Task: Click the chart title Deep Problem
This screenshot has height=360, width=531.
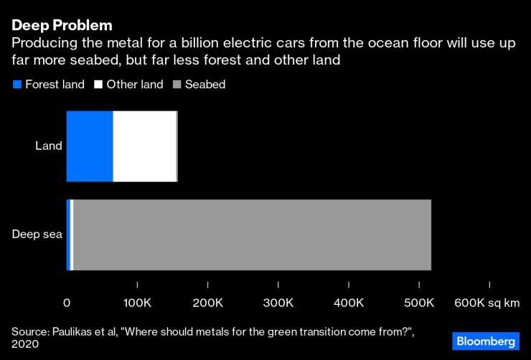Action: [x=61, y=25]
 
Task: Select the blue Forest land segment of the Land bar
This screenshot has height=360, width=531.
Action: [x=90, y=146]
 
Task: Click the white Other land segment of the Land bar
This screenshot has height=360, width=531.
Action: [x=144, y=146]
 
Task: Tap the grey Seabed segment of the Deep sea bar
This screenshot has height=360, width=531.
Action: [x=251, y=235]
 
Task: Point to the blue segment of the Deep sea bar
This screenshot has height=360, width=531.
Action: [x=68, y=235]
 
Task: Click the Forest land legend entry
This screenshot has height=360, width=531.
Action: [x=49, y=85]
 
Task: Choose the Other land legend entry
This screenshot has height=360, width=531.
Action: [x=128, y=85]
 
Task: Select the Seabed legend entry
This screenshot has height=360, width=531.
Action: [x=199, y=85]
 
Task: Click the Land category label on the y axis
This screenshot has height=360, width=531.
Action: [x=49, y=146]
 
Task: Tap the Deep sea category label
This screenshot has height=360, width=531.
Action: [x=37, y=235]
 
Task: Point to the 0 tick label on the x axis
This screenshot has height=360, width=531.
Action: [x=67, y=303]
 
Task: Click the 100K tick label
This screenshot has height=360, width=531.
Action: [x=136, y=303]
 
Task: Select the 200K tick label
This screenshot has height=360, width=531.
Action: [x=207, y=303]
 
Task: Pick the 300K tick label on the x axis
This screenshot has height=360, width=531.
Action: [x=278, y=303]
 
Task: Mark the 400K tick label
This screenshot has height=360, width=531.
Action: [x=348, y=303]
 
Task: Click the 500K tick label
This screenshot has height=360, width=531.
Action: [x=418, y=303]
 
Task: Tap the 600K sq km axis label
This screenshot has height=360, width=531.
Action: [x=487, y=303]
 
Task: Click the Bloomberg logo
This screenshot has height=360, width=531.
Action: [x=485, y=341]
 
